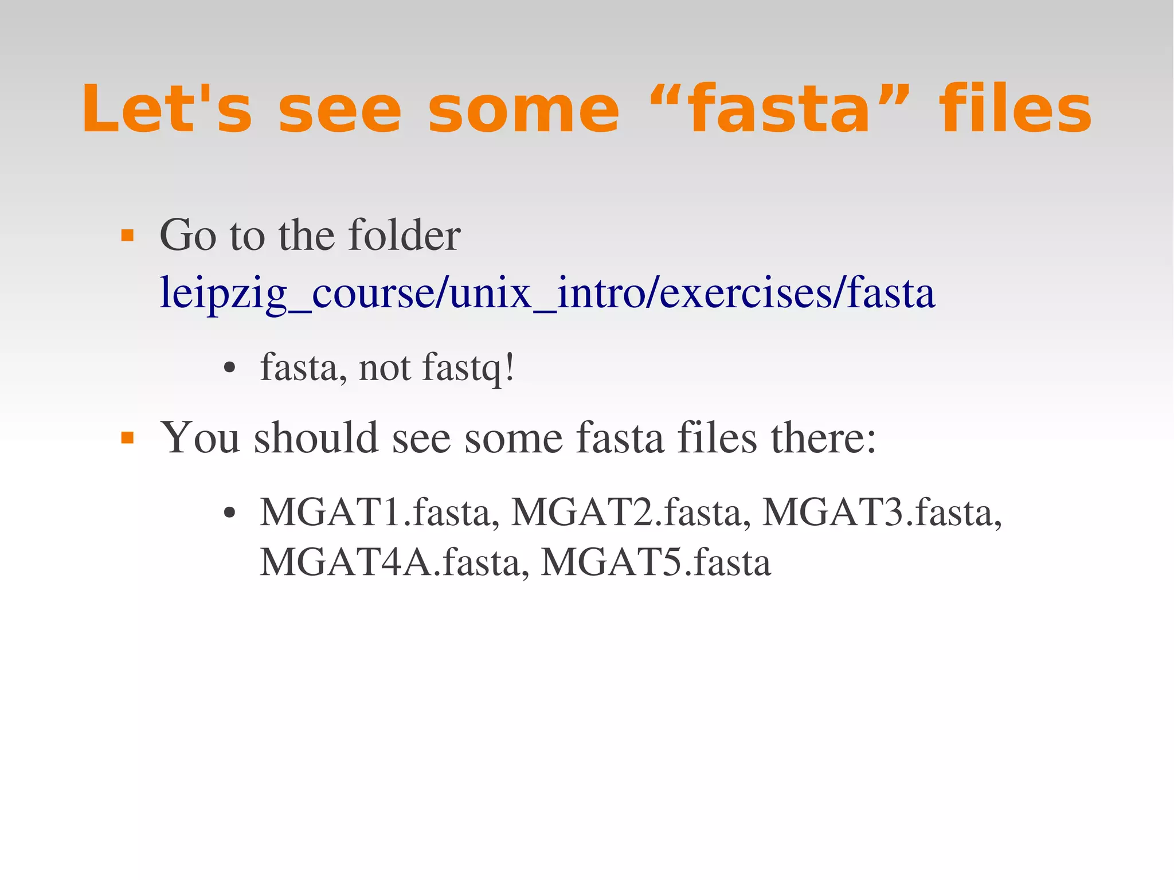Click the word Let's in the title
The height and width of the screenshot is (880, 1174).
click(x=167, y=109)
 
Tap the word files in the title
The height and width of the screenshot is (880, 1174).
click(x=1015, y=109)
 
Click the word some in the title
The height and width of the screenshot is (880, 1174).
click(x=523, y=109)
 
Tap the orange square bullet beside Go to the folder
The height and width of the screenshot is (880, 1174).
click(x=127, y=236)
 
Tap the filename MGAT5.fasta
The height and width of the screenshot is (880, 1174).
click(x=656, y=562)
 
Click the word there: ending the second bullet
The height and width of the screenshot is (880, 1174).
click(x=823, y=438)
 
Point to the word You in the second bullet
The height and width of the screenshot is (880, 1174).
click(x=200, y=438)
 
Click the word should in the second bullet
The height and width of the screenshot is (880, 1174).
click(x=316, y=438)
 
